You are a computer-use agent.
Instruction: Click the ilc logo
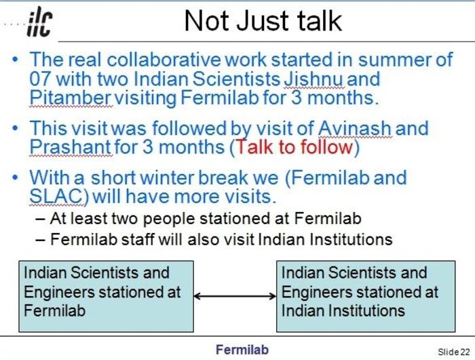(39, 22)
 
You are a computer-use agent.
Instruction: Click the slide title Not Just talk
(263, 20)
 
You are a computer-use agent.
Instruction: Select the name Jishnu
(313, 79)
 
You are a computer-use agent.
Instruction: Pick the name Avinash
(354, 128)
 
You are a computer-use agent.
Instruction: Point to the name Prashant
(70, 147)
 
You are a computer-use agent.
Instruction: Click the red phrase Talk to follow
(294, 147)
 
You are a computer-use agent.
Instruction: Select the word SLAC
(56, 196)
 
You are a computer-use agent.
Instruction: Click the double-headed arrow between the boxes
(235, 295)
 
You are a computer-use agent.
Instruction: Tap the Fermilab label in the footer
(242, 350)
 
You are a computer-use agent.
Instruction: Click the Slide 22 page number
(454, 352)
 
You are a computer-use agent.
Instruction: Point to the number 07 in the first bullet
(39, 79)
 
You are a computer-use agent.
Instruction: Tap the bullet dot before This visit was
(15, 128)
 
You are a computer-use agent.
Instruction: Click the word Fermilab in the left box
(54, 311)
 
